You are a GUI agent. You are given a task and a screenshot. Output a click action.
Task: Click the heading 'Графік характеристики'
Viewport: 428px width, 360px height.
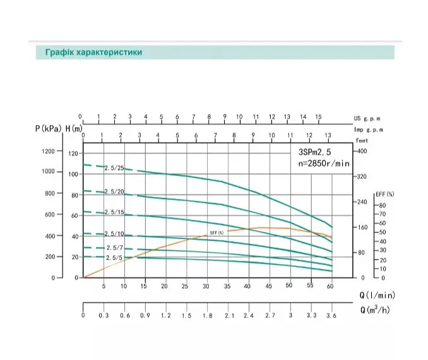click(x=93, y=52)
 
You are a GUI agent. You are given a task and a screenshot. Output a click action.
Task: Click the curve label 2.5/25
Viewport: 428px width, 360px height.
click(x=114, y=168)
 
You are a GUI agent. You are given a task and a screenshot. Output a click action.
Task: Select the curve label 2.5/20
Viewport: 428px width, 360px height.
click(x=114, y=191)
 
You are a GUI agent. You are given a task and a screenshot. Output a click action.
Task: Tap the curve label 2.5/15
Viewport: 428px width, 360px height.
click(x=114, y=212)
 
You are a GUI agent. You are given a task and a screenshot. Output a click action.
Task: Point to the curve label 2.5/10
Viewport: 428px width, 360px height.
click(x=114, y=234)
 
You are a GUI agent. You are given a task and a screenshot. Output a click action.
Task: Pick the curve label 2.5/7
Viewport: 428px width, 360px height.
click(x=115, y=248)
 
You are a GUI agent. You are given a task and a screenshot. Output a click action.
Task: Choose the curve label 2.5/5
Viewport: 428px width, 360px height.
click(x=114, y=258)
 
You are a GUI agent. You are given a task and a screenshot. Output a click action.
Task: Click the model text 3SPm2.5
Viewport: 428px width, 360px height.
click(x=315, y=152)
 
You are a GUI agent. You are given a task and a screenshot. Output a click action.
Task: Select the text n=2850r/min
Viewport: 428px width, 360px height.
click(x=324, y=164)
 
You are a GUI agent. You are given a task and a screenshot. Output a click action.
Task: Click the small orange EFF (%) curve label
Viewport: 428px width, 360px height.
click(x=217, y=232)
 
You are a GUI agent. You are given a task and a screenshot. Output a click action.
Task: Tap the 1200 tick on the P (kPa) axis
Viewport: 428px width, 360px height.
click(x=48, y=151)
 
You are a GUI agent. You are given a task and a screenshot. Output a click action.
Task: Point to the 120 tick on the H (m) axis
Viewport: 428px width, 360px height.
click(x=73, y=153)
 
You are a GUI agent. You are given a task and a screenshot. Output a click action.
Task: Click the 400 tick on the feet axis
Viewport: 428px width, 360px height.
click(x=362, y=151)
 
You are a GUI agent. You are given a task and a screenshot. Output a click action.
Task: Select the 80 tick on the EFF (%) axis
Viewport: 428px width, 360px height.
click(x=383, y=205)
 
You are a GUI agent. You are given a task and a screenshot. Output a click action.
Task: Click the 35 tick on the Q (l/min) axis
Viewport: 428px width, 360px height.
click(x=227, y=286)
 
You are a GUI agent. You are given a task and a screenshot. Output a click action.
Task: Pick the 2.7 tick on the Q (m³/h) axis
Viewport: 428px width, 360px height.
click(x=270, y=316)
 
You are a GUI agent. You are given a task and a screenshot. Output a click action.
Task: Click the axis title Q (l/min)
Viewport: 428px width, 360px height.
click(x=377, y=295)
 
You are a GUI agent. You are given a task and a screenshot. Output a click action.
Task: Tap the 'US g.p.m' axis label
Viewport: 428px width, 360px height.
click(x=367, y=119)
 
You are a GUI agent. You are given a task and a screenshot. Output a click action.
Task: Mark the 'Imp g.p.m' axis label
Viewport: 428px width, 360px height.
click(x=368, y=129)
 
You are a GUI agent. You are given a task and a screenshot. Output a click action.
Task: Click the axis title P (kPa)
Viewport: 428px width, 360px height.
click(x=49, y=128)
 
